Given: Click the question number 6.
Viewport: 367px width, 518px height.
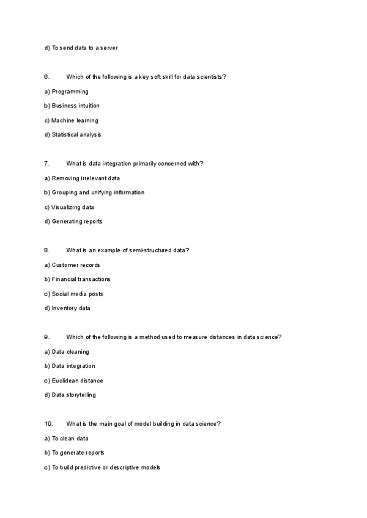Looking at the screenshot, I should [x=46, y=77].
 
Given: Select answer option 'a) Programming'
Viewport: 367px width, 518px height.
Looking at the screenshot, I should [x=66, y=92].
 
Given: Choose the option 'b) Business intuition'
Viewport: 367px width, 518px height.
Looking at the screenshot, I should [x=72, y=106].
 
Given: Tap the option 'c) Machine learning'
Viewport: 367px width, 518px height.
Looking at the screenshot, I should [x=71, y=120].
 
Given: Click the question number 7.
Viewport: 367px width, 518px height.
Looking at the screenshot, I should [x=46, y=164].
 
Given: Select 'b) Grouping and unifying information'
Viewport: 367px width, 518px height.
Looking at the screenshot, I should [x=94, y=192].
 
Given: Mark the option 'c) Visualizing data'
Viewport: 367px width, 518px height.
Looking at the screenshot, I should [x=69, y=207].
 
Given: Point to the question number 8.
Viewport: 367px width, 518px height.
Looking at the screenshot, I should [x=46, y=250].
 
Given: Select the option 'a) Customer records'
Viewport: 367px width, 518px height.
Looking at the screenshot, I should [x=72, y=265].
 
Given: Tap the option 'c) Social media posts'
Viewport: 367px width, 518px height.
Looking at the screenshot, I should [x=73, y=294].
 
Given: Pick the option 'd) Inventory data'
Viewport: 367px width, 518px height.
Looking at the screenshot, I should [x=67, y=308].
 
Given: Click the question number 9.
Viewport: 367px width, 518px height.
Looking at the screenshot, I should [x=46, y=337].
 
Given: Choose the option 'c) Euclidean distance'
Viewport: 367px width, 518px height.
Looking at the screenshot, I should [x=73, y=381].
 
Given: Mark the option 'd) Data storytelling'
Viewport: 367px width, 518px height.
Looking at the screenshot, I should [x=70, y=395].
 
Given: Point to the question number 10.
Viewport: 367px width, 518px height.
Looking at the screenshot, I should [x=48, y=424].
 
